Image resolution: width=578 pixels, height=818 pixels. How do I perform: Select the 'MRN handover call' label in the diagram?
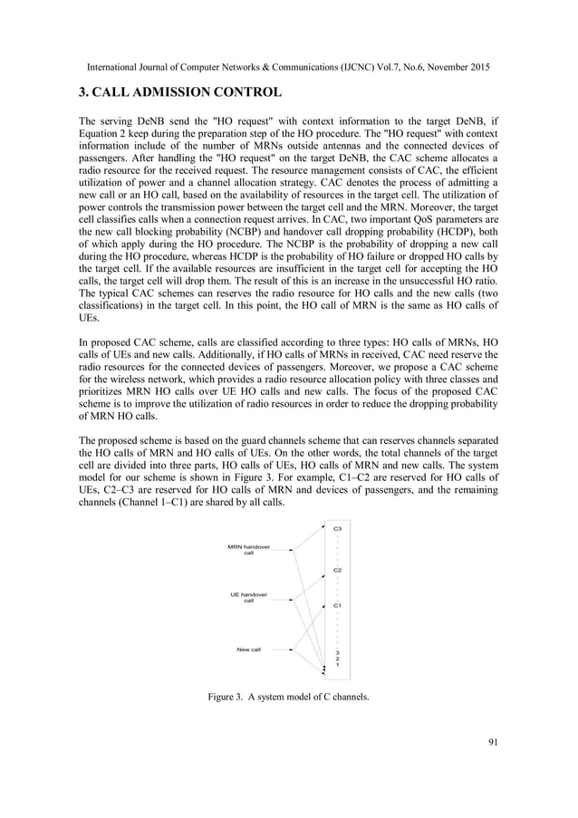pos(248,550)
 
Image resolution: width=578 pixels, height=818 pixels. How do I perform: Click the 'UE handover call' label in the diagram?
pos(248,597)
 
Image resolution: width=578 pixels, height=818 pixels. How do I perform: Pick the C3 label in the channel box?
pos(337,527)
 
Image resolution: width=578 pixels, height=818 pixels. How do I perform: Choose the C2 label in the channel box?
pos(337,570)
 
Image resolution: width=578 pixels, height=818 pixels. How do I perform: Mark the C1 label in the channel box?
pos(337,604)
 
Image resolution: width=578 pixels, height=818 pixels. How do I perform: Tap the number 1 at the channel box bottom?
pos(337,666)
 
